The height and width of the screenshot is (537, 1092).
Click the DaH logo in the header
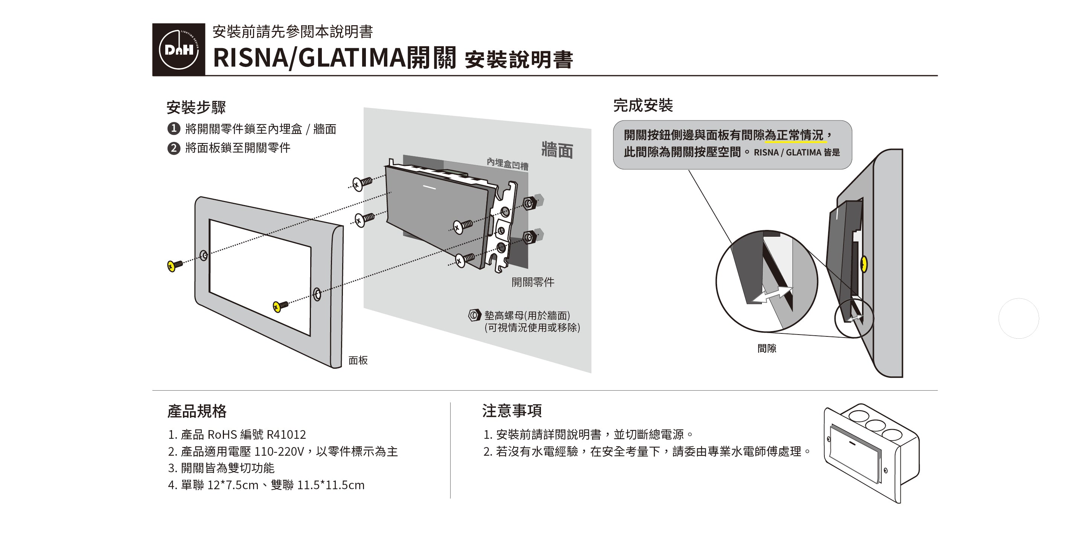(178, 50)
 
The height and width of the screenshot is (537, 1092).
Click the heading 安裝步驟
(196, 107)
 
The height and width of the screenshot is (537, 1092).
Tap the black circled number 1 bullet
(174, 128)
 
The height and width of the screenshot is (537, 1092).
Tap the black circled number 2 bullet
(174, 148)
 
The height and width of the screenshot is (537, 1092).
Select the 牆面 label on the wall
(557, 151)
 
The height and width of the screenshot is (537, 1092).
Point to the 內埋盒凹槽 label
(507, 164)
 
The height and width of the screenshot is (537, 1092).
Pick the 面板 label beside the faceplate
(358, 360)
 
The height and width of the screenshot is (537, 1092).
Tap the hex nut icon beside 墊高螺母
(474, 315)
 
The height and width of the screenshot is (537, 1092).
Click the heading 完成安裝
(643, 105)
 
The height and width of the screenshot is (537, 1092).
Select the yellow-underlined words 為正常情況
(795, 135)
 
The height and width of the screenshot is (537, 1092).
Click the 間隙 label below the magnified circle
(766, 348)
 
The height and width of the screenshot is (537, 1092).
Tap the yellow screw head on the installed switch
(864, 265)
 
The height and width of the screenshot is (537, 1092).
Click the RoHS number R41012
(286, 434)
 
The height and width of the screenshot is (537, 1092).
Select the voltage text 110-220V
(279, 451)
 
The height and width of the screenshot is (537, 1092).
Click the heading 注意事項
(512, 411)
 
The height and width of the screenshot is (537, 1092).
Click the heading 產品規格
(197, 411)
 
